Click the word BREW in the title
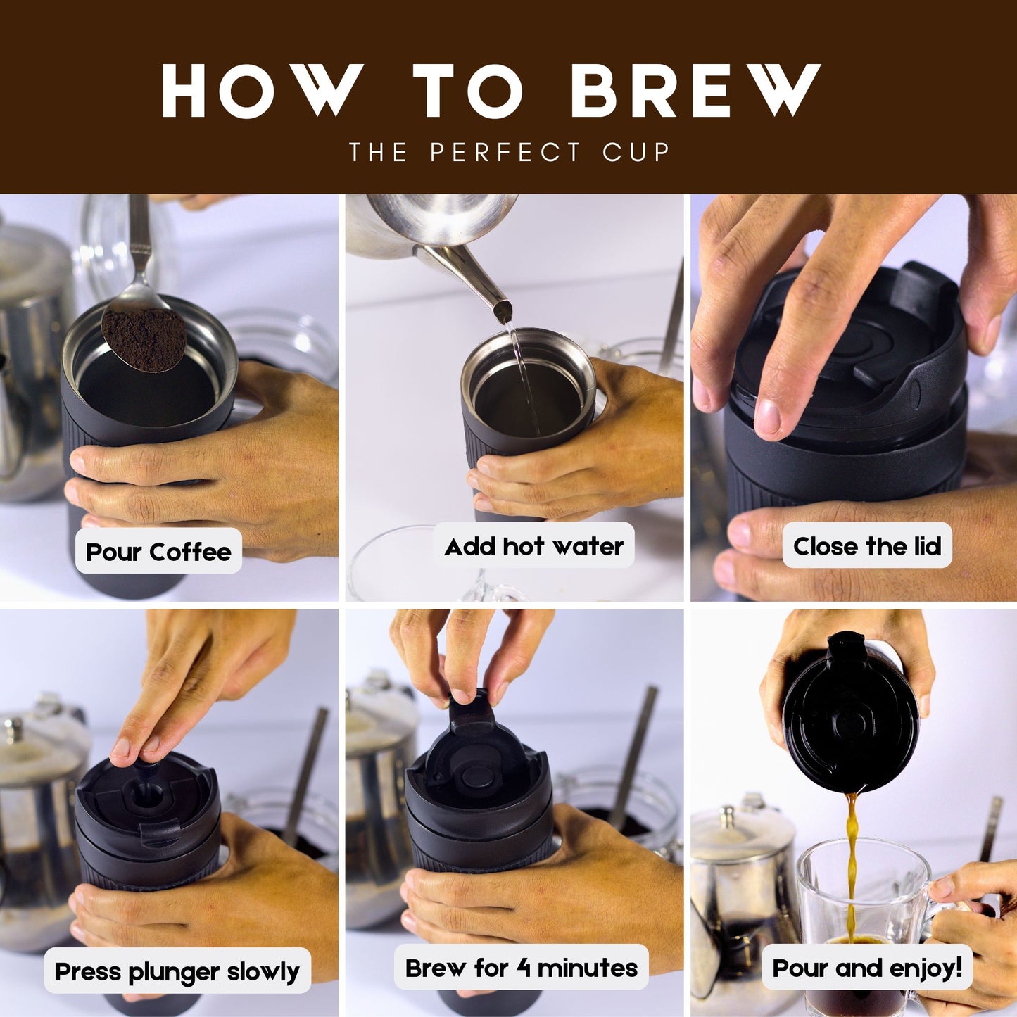(695, 91)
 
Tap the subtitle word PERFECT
(505, 152)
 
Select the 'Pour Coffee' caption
(158, 552)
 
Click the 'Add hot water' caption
(533, 546)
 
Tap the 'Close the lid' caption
(866, 546)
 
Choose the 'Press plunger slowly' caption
(177, 972)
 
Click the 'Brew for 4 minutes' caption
(521, 968)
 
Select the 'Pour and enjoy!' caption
(866, 968)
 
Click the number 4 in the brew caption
(524, 968)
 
